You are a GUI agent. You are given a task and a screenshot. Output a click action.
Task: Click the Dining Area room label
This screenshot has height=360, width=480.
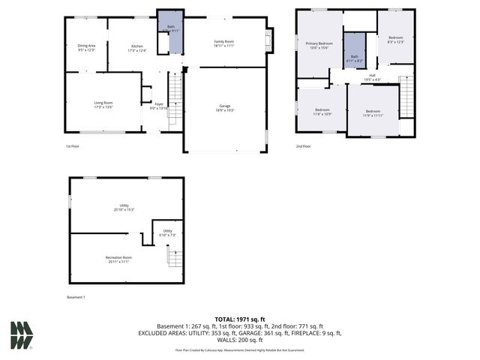pos(87,47)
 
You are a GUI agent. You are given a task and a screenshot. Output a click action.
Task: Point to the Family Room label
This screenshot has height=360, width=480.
pos(224,43)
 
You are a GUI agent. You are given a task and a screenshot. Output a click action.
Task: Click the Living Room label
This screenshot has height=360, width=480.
pos(103,104)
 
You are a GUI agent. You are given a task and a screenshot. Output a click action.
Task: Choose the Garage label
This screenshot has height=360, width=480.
pos(224,107)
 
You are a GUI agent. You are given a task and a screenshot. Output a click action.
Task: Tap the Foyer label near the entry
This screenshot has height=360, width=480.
pos(159,106)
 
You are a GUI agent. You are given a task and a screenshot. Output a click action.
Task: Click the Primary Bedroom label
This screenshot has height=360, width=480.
pos(319,46)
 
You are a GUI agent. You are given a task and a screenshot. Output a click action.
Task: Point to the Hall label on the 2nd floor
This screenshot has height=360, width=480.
pos(373,76)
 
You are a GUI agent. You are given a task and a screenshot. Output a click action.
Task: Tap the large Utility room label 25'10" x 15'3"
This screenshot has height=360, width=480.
pos(124,207)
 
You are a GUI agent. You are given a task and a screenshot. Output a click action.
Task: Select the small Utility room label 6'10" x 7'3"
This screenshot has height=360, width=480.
pos(168,232)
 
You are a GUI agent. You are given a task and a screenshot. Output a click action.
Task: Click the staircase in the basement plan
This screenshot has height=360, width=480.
pos(174,257)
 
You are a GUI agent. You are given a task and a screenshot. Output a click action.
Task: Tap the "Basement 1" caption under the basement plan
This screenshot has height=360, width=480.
pos(76,297)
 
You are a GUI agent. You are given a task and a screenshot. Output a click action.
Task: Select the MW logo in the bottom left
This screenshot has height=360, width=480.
pos(22,335)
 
